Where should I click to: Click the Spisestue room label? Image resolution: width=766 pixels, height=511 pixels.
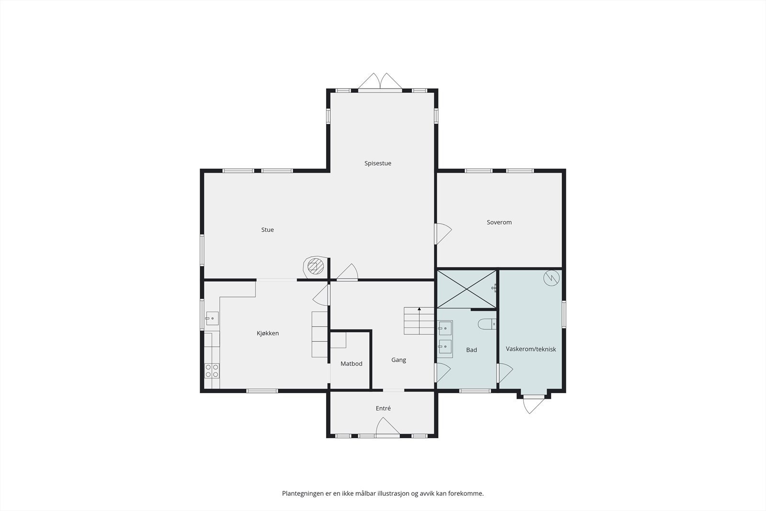coord(378,163)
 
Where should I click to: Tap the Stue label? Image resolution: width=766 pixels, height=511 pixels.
coord(267,230)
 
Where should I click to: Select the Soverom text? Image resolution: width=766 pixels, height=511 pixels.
coord(499,222)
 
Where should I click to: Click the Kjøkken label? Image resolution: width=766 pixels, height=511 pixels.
coord(268,333)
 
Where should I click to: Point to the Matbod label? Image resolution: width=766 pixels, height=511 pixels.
coord(351,364)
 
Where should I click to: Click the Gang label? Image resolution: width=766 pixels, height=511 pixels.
coord(398,360)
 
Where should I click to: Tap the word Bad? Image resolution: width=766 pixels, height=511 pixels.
coord(471,350)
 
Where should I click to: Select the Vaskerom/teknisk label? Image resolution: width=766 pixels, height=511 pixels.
coord(530,349)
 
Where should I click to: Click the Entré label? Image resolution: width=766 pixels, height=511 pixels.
coord(383,409)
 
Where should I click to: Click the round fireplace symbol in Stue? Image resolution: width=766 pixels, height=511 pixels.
coord(315,266)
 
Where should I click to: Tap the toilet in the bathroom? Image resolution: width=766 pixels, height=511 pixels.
coord(486,325)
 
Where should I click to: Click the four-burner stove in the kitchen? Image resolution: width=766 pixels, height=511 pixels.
coord(212,370)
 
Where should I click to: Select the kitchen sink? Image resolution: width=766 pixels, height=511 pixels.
coord(212,318)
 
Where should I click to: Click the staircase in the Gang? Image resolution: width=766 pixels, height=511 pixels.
coord(419,321)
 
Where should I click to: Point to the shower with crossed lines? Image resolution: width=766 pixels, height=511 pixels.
coord(466,288)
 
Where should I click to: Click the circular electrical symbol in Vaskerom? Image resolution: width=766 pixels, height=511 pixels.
coord(552,278)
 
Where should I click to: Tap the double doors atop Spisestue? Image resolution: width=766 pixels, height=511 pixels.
coord(381,82)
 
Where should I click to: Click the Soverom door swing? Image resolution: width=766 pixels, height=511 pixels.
coord(443,234)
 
